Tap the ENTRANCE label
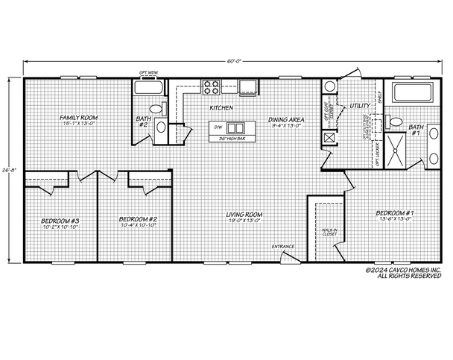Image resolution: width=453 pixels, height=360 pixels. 282,246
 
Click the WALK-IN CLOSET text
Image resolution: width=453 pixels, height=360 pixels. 329,233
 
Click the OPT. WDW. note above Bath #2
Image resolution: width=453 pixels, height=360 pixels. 149,72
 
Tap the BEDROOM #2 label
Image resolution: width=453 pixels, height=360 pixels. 137,219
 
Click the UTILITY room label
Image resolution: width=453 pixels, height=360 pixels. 360,107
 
